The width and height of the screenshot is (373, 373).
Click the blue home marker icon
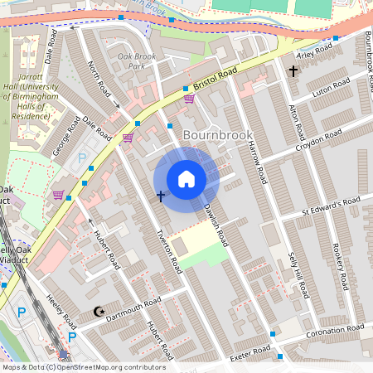click(x=186, y=178)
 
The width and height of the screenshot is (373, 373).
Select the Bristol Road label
click(x=216, y=80)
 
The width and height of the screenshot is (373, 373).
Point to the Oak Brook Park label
click(x=137, y=61)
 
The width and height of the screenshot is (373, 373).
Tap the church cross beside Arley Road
click(x=293, y=72)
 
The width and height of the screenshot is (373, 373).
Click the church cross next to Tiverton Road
click(x=160, y=196)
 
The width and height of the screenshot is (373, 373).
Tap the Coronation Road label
click(x=334, y=333)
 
